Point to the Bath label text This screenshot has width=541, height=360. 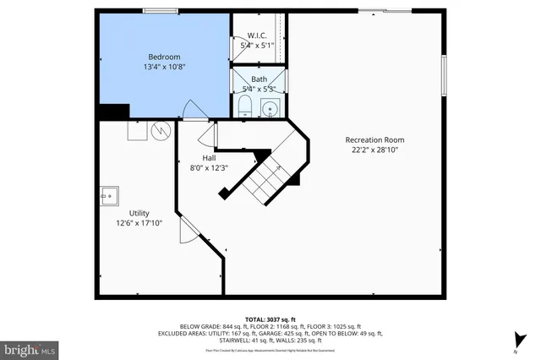point(259,79)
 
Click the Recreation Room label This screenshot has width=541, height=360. point(374,139)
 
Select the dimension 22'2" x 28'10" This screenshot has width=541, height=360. point(374,150)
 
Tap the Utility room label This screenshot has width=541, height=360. point(139,213)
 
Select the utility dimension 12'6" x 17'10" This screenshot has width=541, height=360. point(139,223)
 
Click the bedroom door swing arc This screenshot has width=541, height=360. point(192,111)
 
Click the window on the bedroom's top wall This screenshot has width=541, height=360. point(160,11)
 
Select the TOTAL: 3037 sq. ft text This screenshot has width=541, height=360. point(270,318)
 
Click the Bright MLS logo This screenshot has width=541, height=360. point(30,347)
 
